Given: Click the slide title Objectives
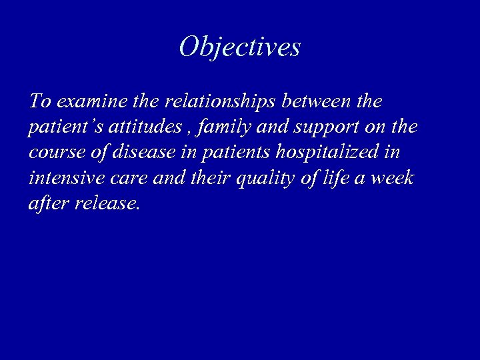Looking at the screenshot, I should [240, 47].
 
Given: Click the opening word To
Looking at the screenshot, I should [40, 102].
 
